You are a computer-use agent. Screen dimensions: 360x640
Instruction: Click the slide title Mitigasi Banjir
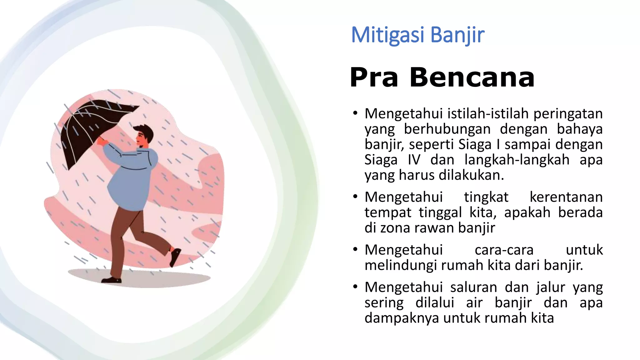[417, 35]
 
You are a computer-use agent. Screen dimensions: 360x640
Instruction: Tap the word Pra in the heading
[374, 77]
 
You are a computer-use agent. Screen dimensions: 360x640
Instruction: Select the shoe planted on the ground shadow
[111, 280]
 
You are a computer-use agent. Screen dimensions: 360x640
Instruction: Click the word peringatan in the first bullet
[568, 113]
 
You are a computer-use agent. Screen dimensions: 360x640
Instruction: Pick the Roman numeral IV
[414, 160]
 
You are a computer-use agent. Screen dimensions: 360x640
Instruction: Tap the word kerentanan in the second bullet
[566, 197]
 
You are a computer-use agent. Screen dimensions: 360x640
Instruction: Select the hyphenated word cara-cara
[504, 250]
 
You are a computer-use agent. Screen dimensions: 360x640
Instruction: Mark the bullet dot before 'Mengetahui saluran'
[355, 287]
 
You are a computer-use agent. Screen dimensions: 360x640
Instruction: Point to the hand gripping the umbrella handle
[102, 141]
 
